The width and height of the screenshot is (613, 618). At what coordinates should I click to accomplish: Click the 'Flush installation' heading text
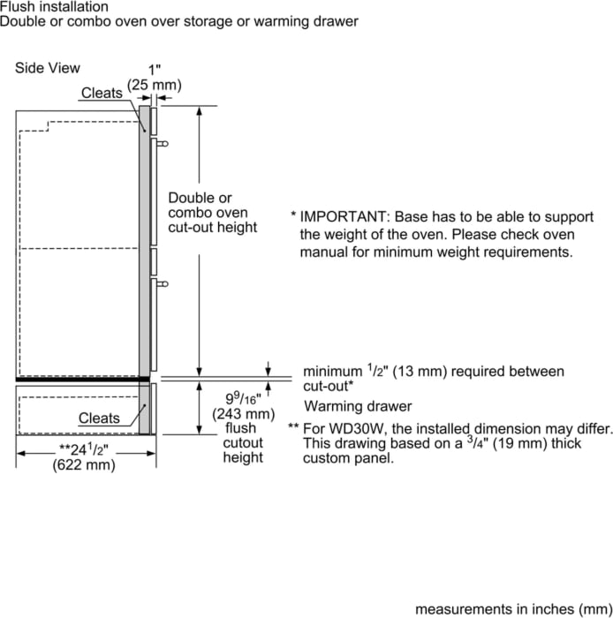[54, 7]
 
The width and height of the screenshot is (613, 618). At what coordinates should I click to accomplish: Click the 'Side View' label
[48, 68]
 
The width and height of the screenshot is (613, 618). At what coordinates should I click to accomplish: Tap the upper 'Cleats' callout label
[102, 93]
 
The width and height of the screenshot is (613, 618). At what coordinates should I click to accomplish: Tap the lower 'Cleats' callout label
[99, 418]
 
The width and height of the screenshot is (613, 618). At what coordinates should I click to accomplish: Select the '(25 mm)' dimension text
[155, 85]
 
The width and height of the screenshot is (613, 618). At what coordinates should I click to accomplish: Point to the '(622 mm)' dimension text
[85, 465]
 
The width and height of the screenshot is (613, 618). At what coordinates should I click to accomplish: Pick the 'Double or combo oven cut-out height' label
[212, 213]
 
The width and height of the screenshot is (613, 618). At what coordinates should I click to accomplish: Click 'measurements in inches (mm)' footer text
[513, 609]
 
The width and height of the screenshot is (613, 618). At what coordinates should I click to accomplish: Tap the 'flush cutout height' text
[242, 442]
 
